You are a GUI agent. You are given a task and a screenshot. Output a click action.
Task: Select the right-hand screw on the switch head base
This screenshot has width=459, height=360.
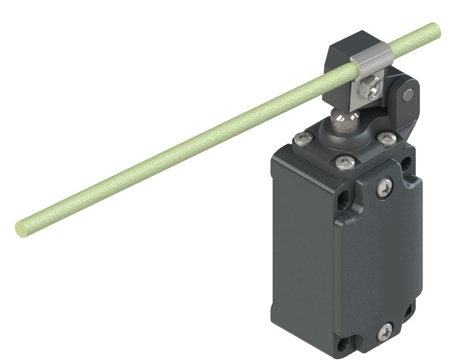click(x=386, y=137)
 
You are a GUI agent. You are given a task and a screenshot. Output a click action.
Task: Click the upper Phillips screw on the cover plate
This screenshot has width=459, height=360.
click(x=385, y=188)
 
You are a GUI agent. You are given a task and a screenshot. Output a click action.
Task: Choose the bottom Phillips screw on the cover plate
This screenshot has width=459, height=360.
click(x=385, y=331)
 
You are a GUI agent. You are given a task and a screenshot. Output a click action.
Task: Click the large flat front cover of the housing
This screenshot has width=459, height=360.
click(x=376, y=257)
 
